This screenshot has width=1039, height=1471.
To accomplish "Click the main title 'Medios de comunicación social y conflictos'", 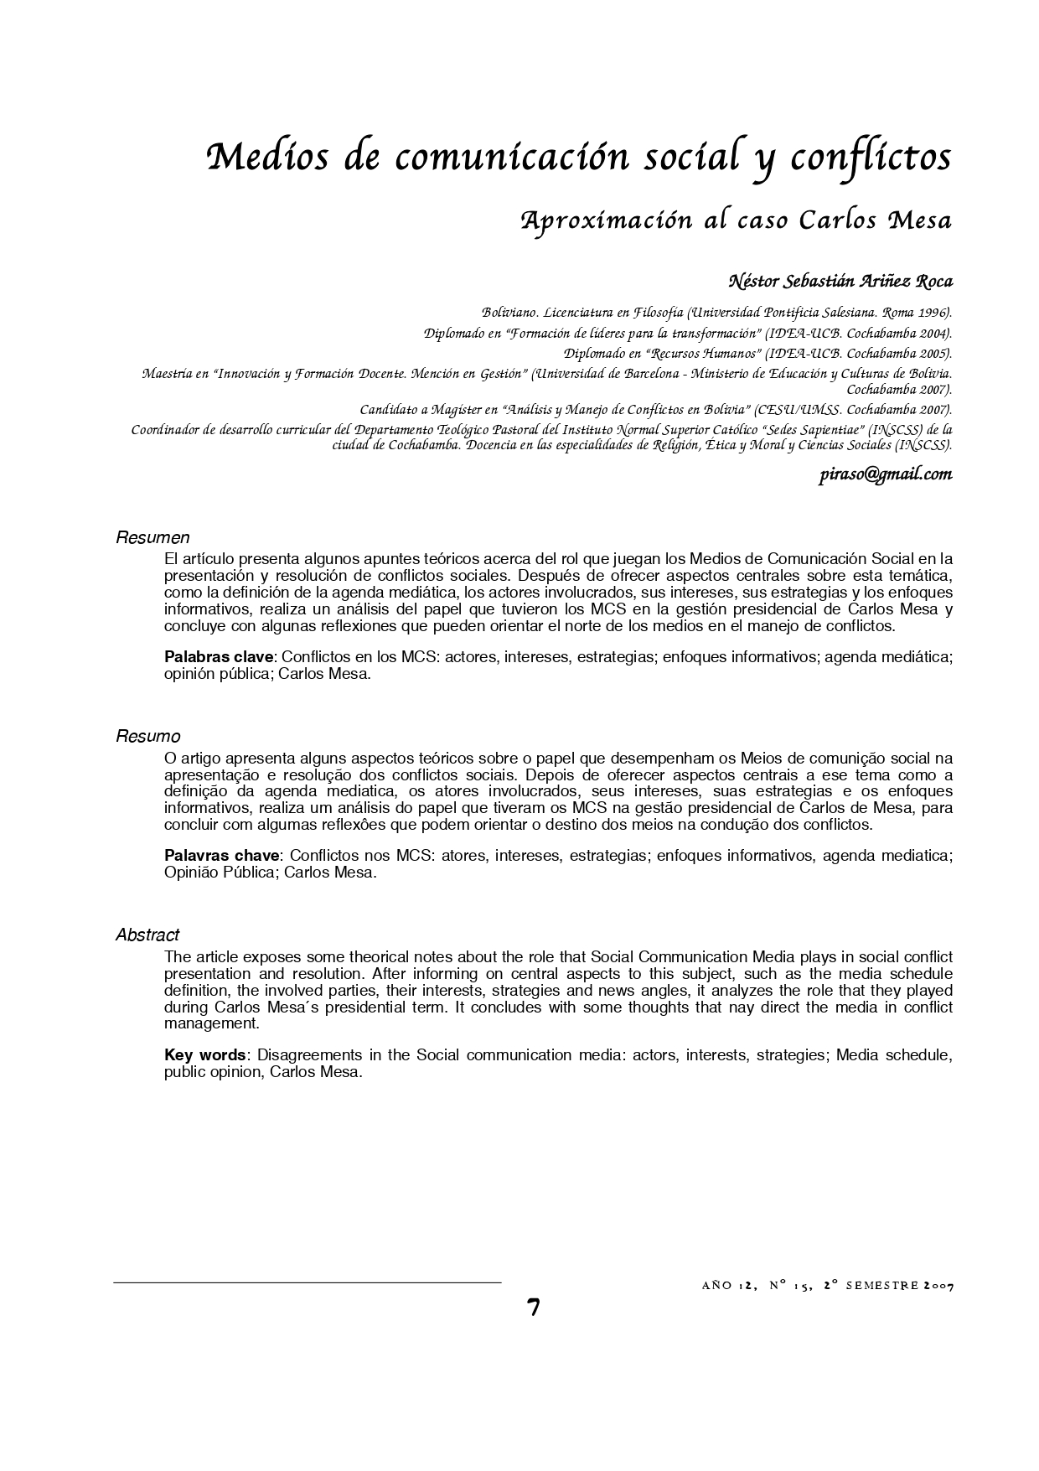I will pos(578,158).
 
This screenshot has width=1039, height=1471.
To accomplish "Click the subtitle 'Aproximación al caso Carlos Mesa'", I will pos(737,220).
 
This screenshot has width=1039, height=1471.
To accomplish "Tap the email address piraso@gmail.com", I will pos(885,475).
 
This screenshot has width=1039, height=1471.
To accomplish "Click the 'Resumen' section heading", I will pos(152,538).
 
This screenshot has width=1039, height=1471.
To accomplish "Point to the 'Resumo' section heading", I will pos(147,737).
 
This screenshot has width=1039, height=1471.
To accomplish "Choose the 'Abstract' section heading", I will pos(147,935).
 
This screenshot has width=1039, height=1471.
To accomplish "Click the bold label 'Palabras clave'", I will pos(219,657).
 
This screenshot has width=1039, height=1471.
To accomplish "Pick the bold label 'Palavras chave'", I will pos(221,856).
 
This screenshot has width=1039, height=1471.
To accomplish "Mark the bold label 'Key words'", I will pos(204,1055).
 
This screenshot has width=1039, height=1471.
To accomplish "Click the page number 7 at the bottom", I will pos(534,1308).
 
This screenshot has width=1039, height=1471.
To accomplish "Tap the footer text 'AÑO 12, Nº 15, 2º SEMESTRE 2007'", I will pos(826,1286).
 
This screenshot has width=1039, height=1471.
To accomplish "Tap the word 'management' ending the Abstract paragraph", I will pos(212,1023).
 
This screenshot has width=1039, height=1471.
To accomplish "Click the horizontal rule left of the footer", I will pos(307,1282).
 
